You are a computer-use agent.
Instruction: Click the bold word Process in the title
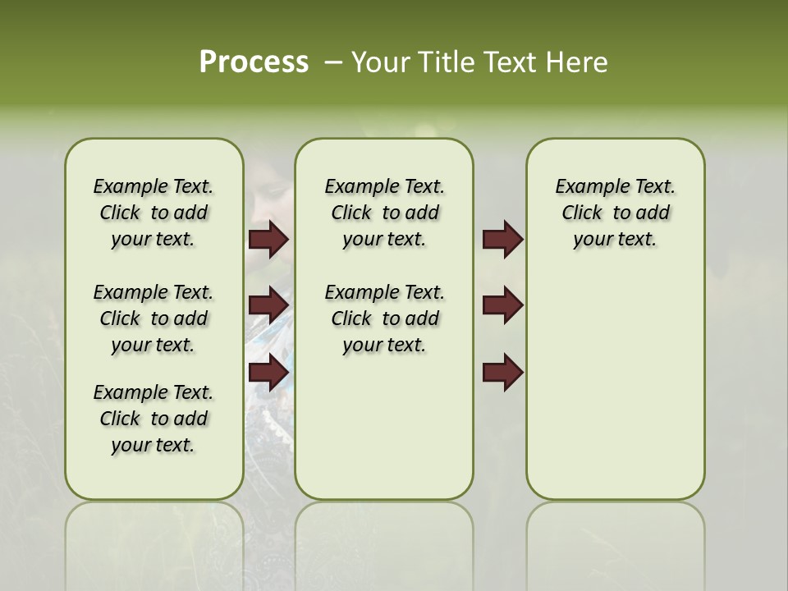[x=254, y=62]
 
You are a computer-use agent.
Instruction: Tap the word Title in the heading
[x=443, y=62]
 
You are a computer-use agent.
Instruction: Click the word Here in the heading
[x=579, y=62]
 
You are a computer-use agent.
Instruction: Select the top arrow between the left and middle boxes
[x=268, y=239]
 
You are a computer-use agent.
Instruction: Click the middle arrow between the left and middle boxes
[x=268, y=305]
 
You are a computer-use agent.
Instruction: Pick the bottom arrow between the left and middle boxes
[x=268, y=373]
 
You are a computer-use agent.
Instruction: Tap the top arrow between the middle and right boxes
[x=502, y=239]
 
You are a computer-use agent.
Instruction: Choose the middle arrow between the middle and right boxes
[x=502, y=305]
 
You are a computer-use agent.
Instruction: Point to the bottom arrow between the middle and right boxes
[x=502, y=373]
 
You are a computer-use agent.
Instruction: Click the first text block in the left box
[x=153, y=213]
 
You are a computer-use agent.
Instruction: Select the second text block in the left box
[x=153, y=318]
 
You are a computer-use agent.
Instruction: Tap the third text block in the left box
[x=153, y=419]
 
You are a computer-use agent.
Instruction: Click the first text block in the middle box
[x=384, y=213]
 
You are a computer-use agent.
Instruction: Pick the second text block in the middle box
[x=384, y=318]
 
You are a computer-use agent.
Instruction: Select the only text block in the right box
[x=615, y=213]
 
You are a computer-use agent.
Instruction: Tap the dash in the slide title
[x=333, y=62]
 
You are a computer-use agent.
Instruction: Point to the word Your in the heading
[x=382, y=62]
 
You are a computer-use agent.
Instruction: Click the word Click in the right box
[x=582, y=213]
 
